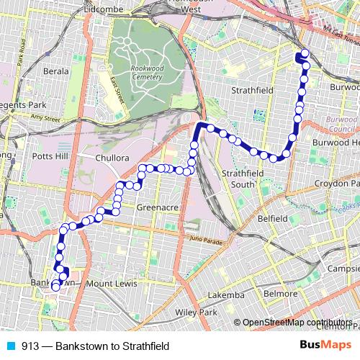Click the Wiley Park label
(x=196, y=313)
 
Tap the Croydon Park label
(x=337, y=184)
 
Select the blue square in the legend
(x=7, y=346)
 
